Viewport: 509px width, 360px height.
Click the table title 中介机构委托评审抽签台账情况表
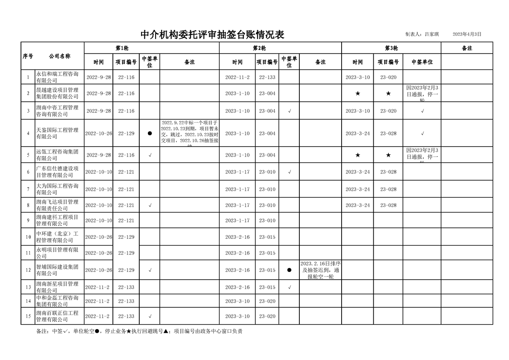tap(212, 35)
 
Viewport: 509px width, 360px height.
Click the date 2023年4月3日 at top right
tap(467, 34)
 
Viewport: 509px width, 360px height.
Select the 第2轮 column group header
tap(259, 48)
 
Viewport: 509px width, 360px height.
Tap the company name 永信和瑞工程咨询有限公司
tap(57, 77)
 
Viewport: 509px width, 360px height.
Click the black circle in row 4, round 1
tap(150, 133)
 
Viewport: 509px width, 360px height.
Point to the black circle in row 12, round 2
tap(289, 270)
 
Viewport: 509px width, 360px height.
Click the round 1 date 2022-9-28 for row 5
tap(98, 155)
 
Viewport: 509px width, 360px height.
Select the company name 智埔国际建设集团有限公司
tap(57, 270)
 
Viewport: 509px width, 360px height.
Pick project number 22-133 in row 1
tap(267, 77)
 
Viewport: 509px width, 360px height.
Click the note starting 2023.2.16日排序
tap(321, 270)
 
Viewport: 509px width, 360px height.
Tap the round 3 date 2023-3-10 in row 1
tap(357, 77)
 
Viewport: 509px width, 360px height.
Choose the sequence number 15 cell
tap(28, 316)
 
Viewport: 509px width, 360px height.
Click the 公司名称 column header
tap(59, 56)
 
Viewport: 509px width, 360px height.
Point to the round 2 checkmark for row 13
tap(289, 287)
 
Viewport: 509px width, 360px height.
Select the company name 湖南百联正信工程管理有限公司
tap(57, 316)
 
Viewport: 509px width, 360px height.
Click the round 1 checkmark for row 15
tap(150, 316)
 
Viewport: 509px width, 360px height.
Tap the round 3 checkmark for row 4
tap(422, 133)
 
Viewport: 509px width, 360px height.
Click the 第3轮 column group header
tap(391, 48)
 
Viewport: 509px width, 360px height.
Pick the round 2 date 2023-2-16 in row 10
tap(237, 237)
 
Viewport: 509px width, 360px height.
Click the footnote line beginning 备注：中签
tap(139, 331)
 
